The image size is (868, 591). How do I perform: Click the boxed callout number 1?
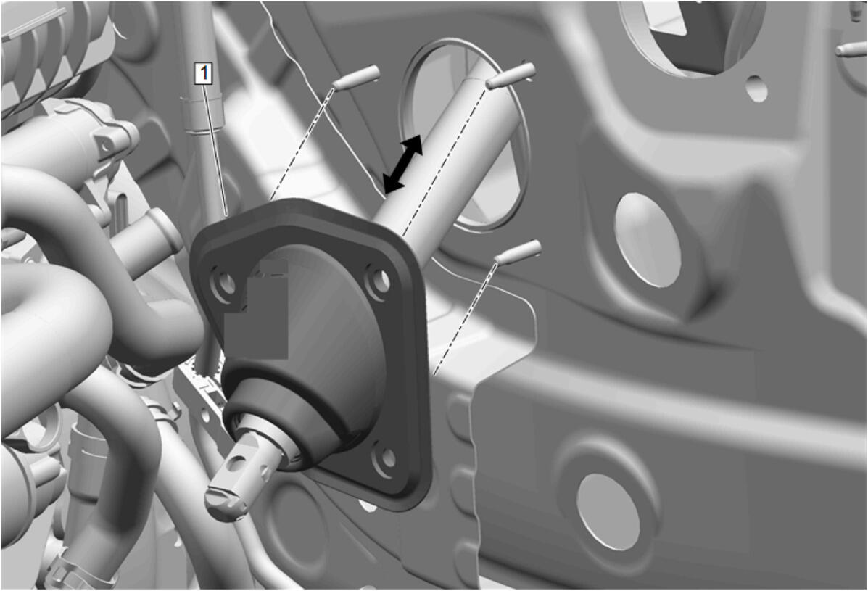click(204, 73)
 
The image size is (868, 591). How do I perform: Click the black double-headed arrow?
click(403, 165)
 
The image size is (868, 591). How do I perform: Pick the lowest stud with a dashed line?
click(518, 251)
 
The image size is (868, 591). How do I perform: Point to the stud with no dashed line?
click(851, 50)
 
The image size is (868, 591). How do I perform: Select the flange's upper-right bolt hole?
click(378, 284)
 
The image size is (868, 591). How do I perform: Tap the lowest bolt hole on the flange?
click(387, 458)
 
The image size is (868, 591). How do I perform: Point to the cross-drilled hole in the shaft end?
click(237, 463)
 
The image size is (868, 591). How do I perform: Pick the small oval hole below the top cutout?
click(756, 88)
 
